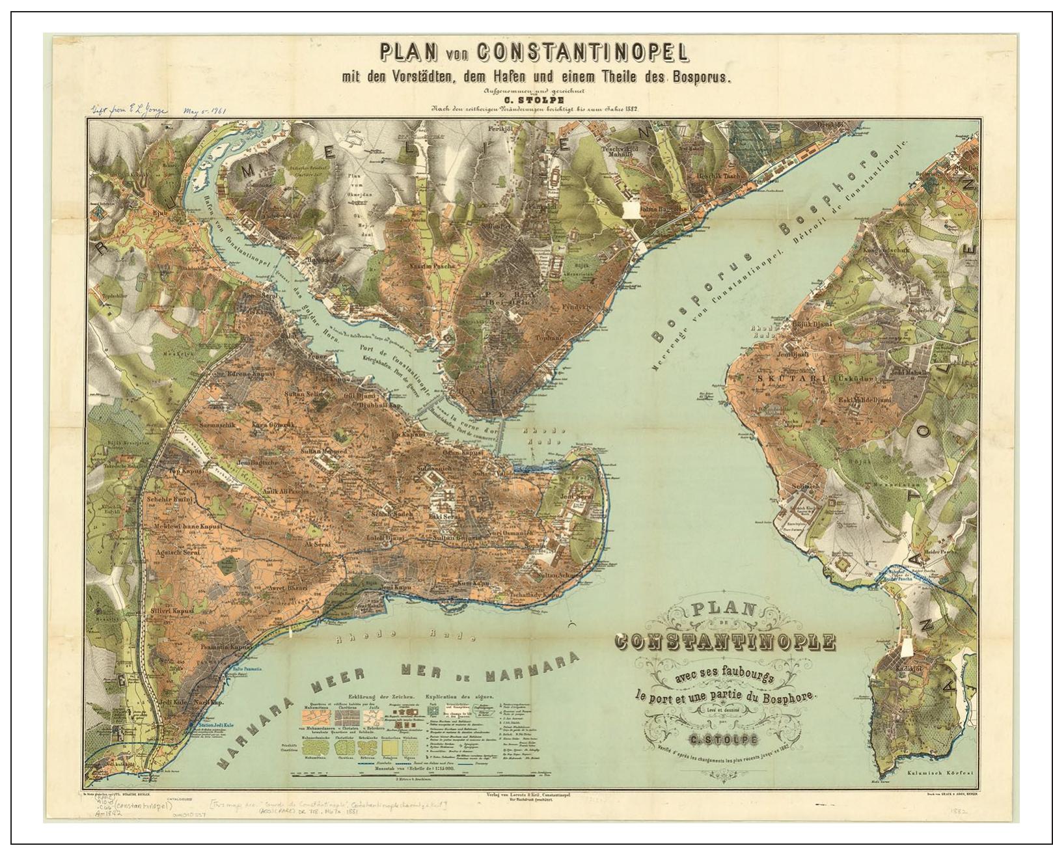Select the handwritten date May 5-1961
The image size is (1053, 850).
click(205, 111)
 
